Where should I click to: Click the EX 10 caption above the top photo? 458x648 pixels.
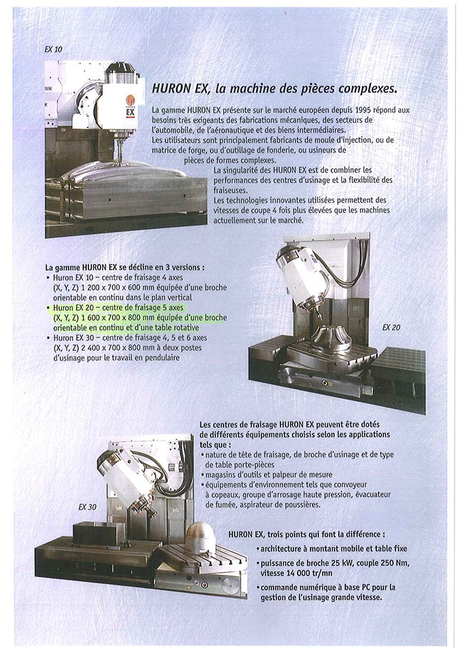[53, 50]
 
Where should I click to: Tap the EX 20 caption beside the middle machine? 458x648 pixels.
[392, 328]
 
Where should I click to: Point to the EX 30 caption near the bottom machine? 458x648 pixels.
[87, 507]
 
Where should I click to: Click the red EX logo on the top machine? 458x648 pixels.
[130, 110]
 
